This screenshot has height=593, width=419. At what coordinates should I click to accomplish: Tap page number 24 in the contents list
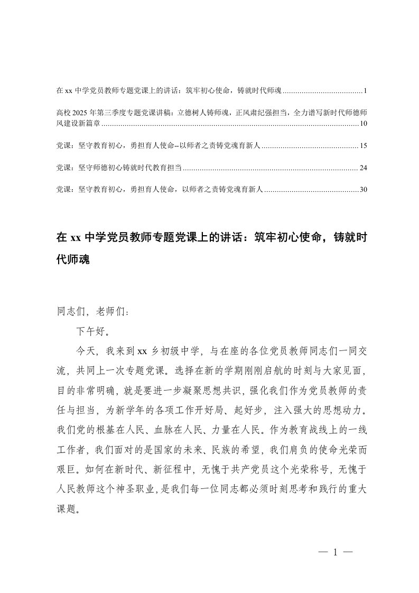(362, 168)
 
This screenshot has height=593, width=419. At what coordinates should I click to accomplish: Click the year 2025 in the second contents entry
(79, 113)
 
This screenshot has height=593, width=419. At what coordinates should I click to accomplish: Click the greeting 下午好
(93, 331)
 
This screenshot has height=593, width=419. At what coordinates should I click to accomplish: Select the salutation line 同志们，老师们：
(92, 312)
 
